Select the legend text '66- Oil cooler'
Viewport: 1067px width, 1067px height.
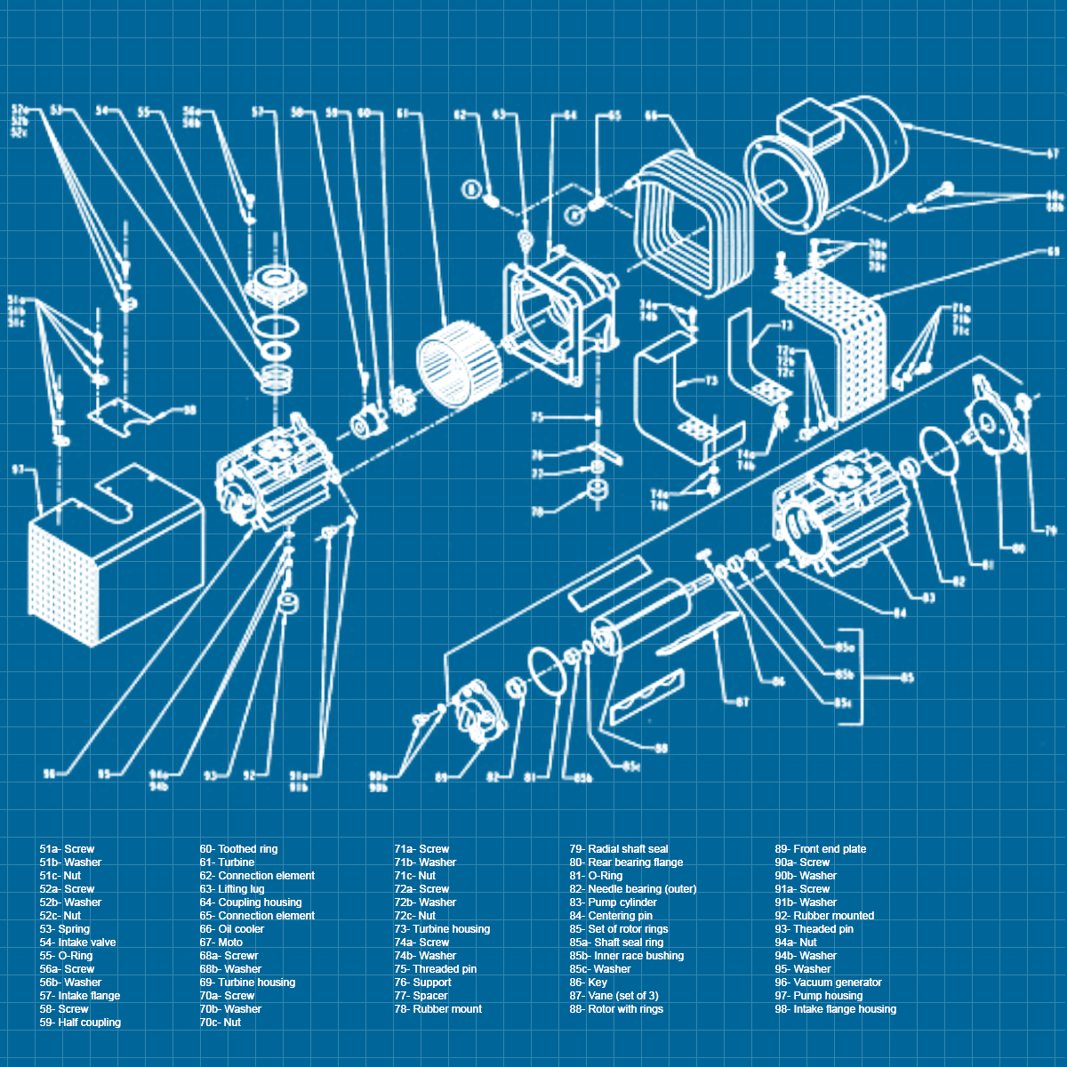point(231,929)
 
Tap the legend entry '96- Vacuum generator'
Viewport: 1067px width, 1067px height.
point(828,983)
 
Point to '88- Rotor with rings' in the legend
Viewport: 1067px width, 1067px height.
point(616,1009)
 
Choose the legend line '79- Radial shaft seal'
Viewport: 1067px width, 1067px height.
point(619,849)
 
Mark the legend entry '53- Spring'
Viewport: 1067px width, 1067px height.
point(64,929)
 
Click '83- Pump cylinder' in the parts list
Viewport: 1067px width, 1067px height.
point(614,903)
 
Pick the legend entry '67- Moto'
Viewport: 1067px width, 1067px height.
point(221,943)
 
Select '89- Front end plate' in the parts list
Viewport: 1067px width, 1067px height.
point(820,849)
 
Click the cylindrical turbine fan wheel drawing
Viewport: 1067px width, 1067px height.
point(455,365)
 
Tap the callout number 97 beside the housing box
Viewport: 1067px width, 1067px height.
point(19,469)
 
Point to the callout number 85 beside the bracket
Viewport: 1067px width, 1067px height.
point(906,678)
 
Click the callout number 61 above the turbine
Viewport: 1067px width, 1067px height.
point(403,114)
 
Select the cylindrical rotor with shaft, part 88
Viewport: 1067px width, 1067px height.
point(640,618)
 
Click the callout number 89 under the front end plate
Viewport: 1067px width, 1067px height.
point(442,777)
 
